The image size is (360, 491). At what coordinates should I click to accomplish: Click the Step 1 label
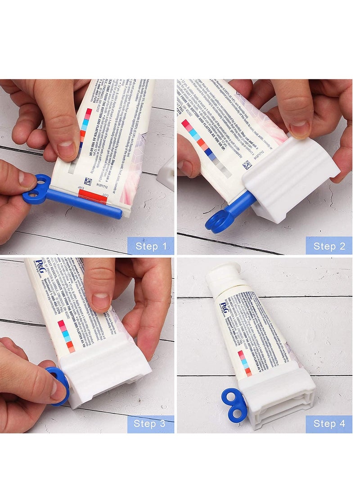[151, 246]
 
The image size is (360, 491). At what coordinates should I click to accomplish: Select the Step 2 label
[329, 246]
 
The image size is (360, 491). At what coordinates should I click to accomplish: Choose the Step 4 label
[329, 424]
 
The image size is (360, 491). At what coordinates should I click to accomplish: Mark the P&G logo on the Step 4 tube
[224, 308]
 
